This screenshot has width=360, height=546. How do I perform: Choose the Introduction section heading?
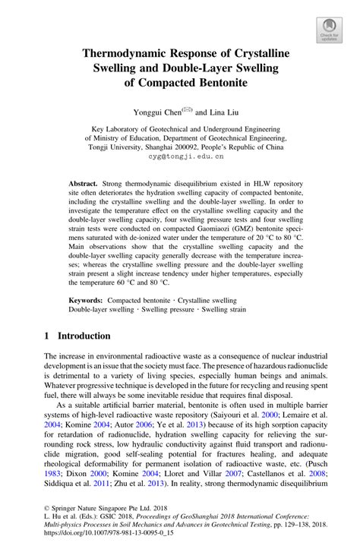[84, 335]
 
